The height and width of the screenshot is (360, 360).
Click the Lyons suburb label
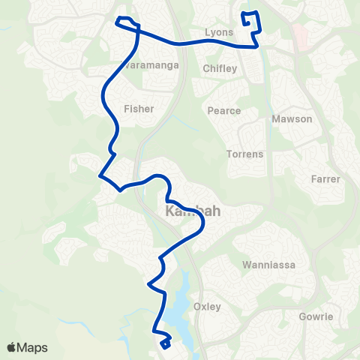click(219, 33)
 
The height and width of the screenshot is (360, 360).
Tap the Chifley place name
click(220, 69)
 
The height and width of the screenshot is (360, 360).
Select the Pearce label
click(224, 111)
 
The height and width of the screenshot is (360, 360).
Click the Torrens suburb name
click(244, 154)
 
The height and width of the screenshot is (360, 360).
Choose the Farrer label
click(325, 179)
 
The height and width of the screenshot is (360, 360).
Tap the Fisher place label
click(139, 109)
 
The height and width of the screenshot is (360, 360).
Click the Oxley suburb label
click(207, 307)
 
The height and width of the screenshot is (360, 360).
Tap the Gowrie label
click(316, 316)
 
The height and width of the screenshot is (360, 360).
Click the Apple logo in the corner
click(13, 347)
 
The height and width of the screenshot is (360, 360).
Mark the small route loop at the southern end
click(164, 343)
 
